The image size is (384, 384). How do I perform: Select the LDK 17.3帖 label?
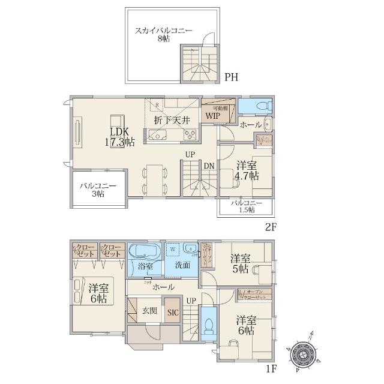[121, 137]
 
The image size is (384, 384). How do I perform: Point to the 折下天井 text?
[172, 120]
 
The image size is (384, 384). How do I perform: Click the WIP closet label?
[212, 115]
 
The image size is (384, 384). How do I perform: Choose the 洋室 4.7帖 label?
[247, 170]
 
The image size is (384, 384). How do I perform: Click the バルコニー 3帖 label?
[98, 190]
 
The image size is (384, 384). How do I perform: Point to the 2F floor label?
[271, 227]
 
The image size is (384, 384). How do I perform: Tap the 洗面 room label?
[183, 265]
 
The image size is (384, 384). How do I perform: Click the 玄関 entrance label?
[149, 310]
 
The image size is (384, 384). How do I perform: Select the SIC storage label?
[173, 312]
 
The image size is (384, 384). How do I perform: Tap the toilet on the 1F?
[208, 324]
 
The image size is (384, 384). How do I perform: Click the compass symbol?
[302, 355]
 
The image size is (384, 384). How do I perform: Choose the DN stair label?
[208, 166]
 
